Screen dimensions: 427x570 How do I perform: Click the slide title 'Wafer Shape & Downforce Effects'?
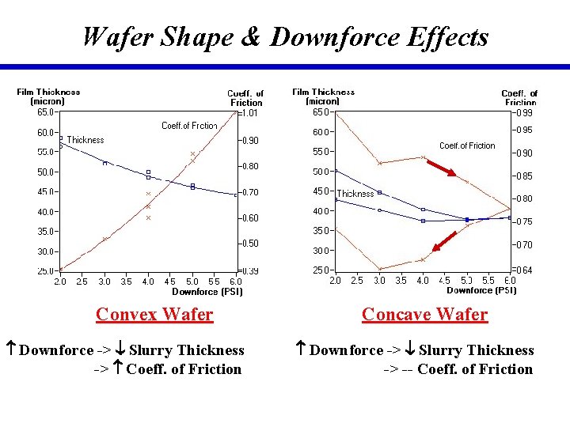pos(285,36)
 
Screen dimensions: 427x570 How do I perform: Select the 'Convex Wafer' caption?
pos(154,315)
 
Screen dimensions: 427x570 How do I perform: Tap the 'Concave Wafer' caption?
pos(424,315)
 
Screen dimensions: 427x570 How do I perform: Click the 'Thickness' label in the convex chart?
pos(85,140)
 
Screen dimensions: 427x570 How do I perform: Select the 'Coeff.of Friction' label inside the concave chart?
pos(467,145)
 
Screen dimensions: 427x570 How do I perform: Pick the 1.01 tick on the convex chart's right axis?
pos(249,113)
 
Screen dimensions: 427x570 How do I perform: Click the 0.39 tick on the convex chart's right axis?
pos(249,271)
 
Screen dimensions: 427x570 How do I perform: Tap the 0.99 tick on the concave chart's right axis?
pos(524,112)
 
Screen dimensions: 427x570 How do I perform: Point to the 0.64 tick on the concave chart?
pos(524,270)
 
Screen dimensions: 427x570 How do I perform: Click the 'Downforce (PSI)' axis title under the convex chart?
pos(207,292)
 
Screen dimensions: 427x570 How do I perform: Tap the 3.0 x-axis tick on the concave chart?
pos(379,281)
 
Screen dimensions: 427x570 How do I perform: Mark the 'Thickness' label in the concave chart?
pos(355,194)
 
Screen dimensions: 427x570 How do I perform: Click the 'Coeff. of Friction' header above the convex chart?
pos(245,98)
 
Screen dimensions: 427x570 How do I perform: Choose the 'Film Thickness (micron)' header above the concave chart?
pos(323,96)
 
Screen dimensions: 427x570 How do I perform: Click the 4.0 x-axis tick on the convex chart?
pos(148,282)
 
